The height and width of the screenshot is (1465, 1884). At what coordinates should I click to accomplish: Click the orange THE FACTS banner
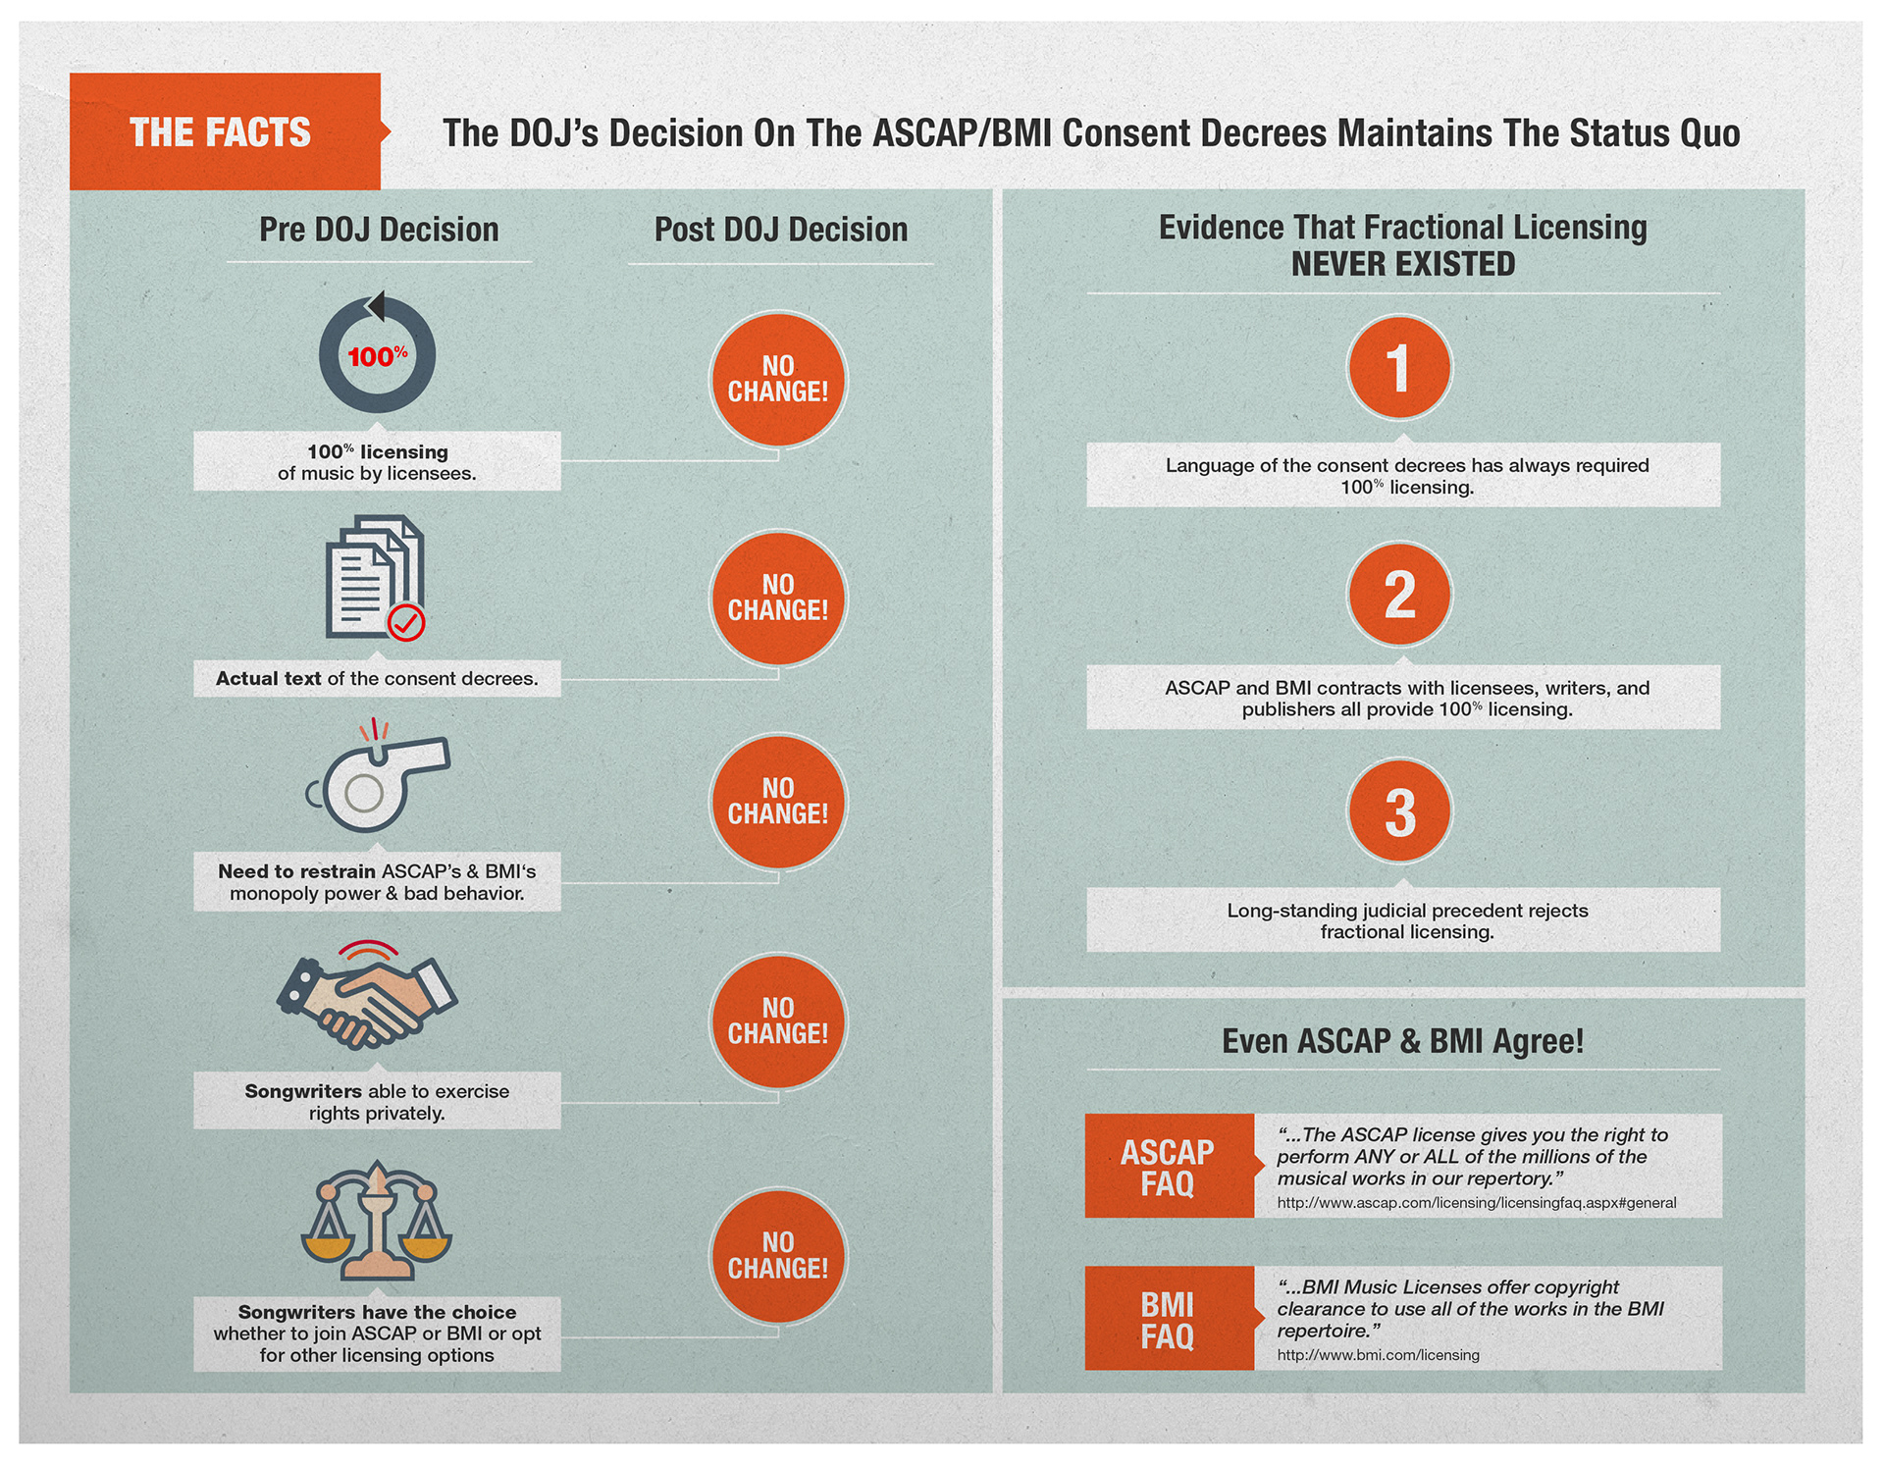pyautogui.click(x=226, y=131)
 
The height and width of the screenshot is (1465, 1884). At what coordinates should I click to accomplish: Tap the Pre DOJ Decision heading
pyautogui.click(x=379, y=230)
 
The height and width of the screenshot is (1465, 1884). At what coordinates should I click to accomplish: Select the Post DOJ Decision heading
pyautogui.click(x=781, y=230)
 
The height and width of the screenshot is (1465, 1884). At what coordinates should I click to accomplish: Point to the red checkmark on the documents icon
pyautogui.click(x=406, y=622)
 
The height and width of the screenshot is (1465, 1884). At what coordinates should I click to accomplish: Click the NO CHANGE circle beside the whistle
pyautogui.click(x=778, y=802)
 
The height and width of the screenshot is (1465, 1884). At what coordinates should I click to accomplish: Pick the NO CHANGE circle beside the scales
pyautogui.click(x=778, y=1256)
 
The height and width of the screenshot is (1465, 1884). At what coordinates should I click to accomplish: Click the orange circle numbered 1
pyautogui.click(x=1399, y=368)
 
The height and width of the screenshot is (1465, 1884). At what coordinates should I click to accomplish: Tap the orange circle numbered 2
pyautogui.click(x=1399, y=594)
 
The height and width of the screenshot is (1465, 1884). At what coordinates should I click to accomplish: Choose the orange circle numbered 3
pyautogui.click(x=1399, y=811)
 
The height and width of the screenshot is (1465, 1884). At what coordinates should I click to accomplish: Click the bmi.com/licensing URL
pyautogui.click(x=1379, y=1355)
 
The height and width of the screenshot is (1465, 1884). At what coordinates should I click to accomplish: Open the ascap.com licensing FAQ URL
pyautogui.click(x=1477, y=1203)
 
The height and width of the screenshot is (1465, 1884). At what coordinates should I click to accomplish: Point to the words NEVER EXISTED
pyautogui.click(x=1403, y=264)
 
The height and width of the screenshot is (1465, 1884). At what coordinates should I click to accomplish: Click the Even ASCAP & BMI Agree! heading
pyautogui.click(x=1403, y=1041)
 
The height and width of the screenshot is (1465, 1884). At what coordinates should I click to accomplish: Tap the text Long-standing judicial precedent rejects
pyautogui.click(x=1407, y=911)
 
